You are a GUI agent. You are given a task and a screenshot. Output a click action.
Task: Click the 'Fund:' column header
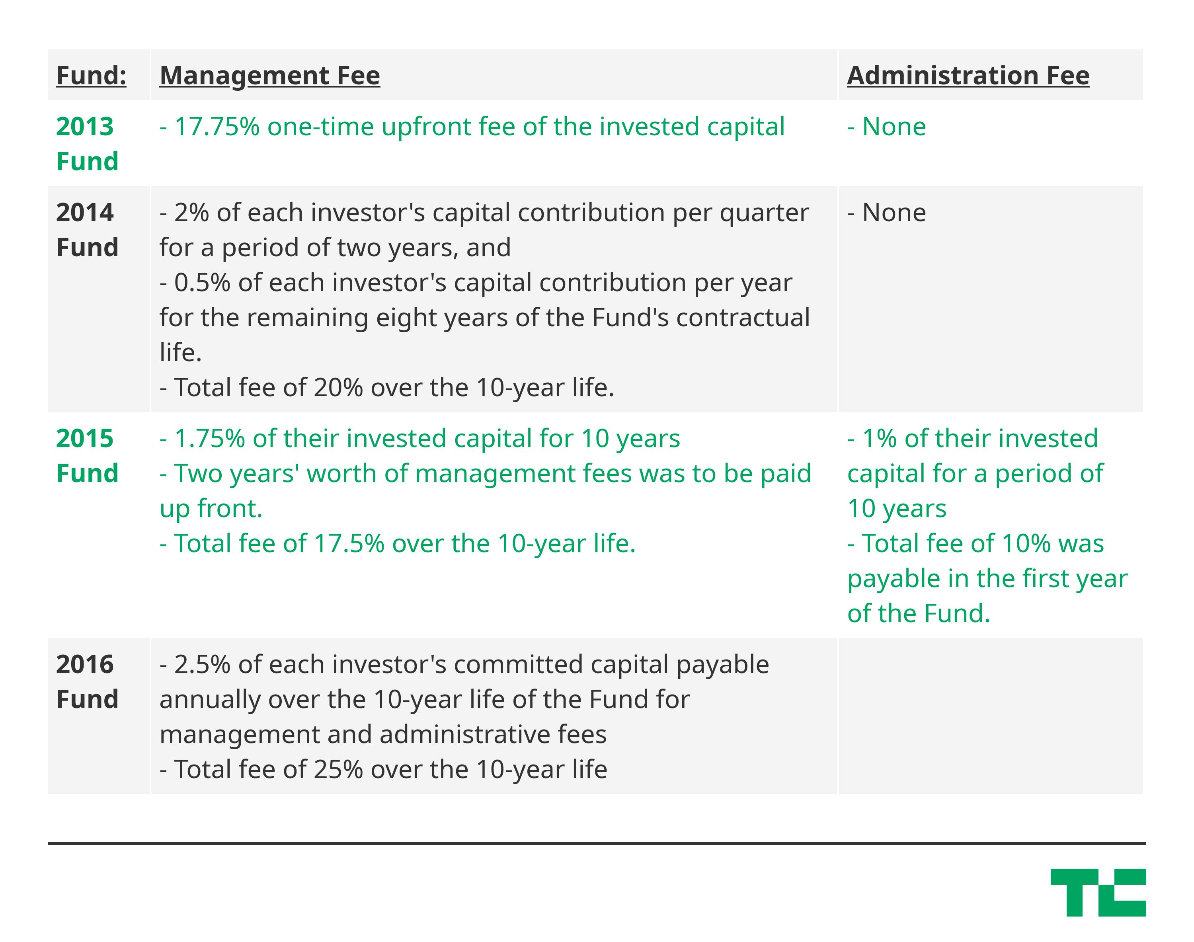click(91, 76)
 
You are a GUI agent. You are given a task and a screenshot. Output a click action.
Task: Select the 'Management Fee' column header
click(270, 76)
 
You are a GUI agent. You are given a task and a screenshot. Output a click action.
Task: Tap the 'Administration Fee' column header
click(968, 76)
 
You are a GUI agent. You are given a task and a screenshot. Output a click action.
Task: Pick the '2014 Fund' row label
click(87, 230)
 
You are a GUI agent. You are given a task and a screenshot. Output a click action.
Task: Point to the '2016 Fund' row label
click(87, 682)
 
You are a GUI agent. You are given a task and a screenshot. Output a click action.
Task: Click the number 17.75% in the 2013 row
click(217, 127)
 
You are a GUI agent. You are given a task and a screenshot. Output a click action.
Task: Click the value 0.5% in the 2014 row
click(203, 283)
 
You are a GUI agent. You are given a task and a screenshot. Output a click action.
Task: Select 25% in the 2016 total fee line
click(339, 770)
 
